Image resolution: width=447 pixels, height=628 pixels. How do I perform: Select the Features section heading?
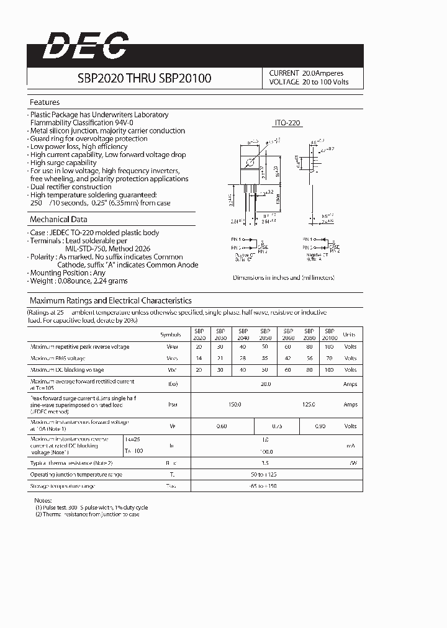tap(45, 102)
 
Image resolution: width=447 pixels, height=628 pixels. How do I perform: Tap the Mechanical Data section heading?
tap(58, 220)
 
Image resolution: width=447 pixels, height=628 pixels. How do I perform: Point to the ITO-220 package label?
tap(287, 123)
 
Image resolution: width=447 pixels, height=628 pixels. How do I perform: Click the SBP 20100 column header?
tap(329, 334)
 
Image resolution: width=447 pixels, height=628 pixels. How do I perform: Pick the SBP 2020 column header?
tap(199, 334)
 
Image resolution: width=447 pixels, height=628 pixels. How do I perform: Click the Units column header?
tap(350, 334)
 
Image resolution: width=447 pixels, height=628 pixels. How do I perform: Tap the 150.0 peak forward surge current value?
tap(235, 404)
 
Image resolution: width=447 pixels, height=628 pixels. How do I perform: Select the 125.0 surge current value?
tap(309, 404)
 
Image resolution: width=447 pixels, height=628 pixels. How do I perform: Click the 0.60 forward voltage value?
tap(222, 426)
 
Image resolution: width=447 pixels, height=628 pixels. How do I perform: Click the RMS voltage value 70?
tap(329, 359)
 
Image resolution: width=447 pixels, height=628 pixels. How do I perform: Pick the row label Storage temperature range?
tap(63, 486)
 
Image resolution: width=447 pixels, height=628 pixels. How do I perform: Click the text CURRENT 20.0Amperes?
tap(306, 73)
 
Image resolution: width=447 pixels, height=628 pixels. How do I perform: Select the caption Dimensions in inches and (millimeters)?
tap(284, 278)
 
